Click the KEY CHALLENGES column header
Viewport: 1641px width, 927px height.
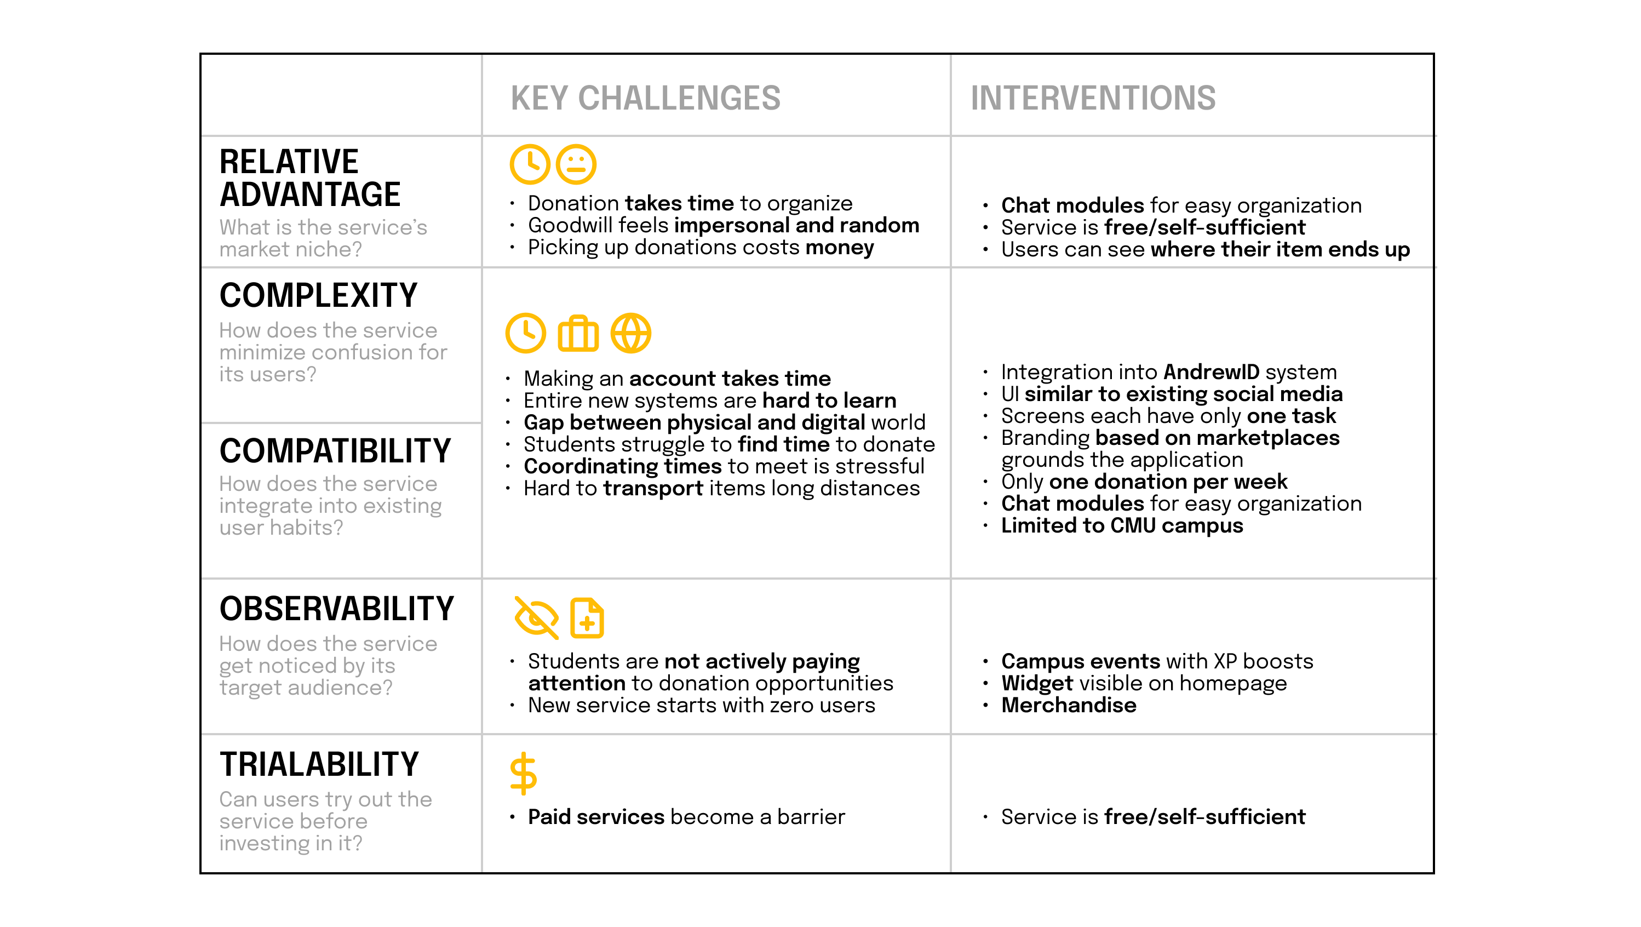tap(645, 98)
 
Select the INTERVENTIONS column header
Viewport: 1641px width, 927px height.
tap(1093, 98)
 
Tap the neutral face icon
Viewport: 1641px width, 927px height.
tap(576, 164)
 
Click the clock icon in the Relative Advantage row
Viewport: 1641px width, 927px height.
tap(529, 164)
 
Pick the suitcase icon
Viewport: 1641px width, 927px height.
tap(578, 333)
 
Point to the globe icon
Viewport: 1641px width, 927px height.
tap(630, 333)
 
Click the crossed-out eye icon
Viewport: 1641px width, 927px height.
tap(536, 617)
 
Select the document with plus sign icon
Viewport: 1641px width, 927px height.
tap(587, 617)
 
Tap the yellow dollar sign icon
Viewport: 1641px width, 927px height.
tap(524, 774)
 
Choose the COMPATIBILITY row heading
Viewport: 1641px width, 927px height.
tap(335, 451)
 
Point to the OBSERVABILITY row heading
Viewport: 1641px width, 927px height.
tap(337, 609)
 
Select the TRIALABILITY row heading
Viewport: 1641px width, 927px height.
tap(319, 764)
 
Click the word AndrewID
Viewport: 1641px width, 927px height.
tap(1212, 371)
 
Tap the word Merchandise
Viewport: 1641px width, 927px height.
tap(1068, 705)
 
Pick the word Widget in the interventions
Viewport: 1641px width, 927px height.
tap(1037, 683)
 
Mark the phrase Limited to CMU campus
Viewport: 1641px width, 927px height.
tap(1122, 525)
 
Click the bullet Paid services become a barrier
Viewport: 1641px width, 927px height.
tap(686, 817)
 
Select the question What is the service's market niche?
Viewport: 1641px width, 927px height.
tap(323, 238)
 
